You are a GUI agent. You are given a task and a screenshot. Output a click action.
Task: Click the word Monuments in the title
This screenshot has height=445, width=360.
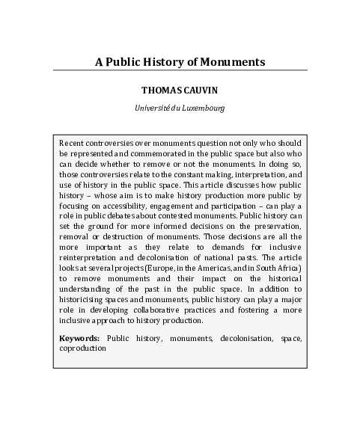(232, 61)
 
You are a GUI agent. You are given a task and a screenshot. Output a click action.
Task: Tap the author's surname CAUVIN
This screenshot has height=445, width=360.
(198, 90)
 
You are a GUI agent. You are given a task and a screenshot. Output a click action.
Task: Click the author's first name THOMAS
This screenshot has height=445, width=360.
(159, 90)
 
